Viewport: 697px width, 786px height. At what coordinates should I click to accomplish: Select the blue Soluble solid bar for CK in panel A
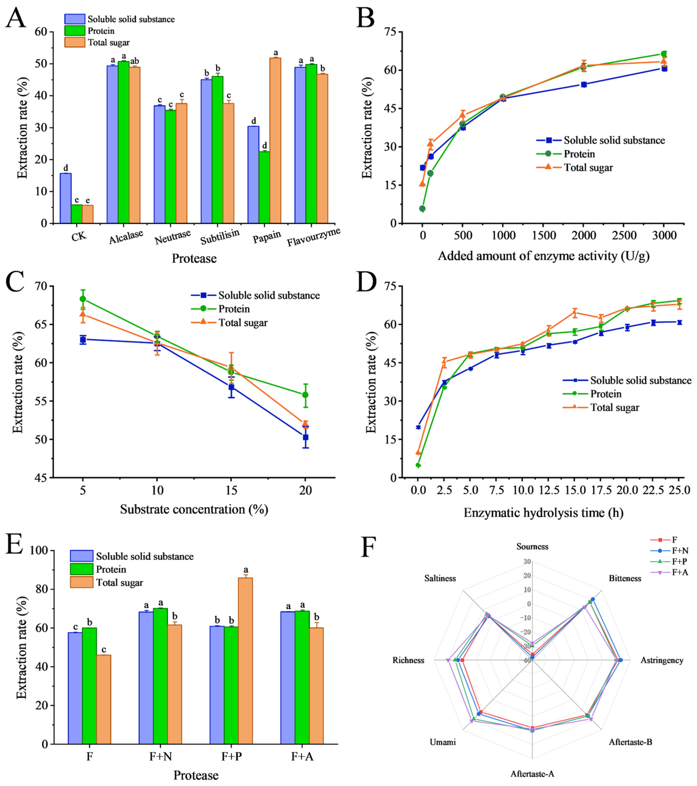pos(65,198)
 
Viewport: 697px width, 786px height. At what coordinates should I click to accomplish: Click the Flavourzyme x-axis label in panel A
pos(313,237)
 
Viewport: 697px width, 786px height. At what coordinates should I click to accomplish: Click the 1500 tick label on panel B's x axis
pos(544,235)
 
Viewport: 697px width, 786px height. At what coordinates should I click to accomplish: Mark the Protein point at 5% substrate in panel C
pos(83,299)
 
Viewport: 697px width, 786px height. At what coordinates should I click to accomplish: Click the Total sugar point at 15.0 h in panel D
pos(575,312)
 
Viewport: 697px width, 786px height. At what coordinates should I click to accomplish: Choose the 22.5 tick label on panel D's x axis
pos(653,491)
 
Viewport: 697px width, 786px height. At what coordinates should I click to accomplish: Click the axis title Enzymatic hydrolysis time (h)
pos(543,513)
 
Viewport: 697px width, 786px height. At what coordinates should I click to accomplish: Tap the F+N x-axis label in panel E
pos(160,756)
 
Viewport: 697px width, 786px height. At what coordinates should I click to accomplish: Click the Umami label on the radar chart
pos(443,742)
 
